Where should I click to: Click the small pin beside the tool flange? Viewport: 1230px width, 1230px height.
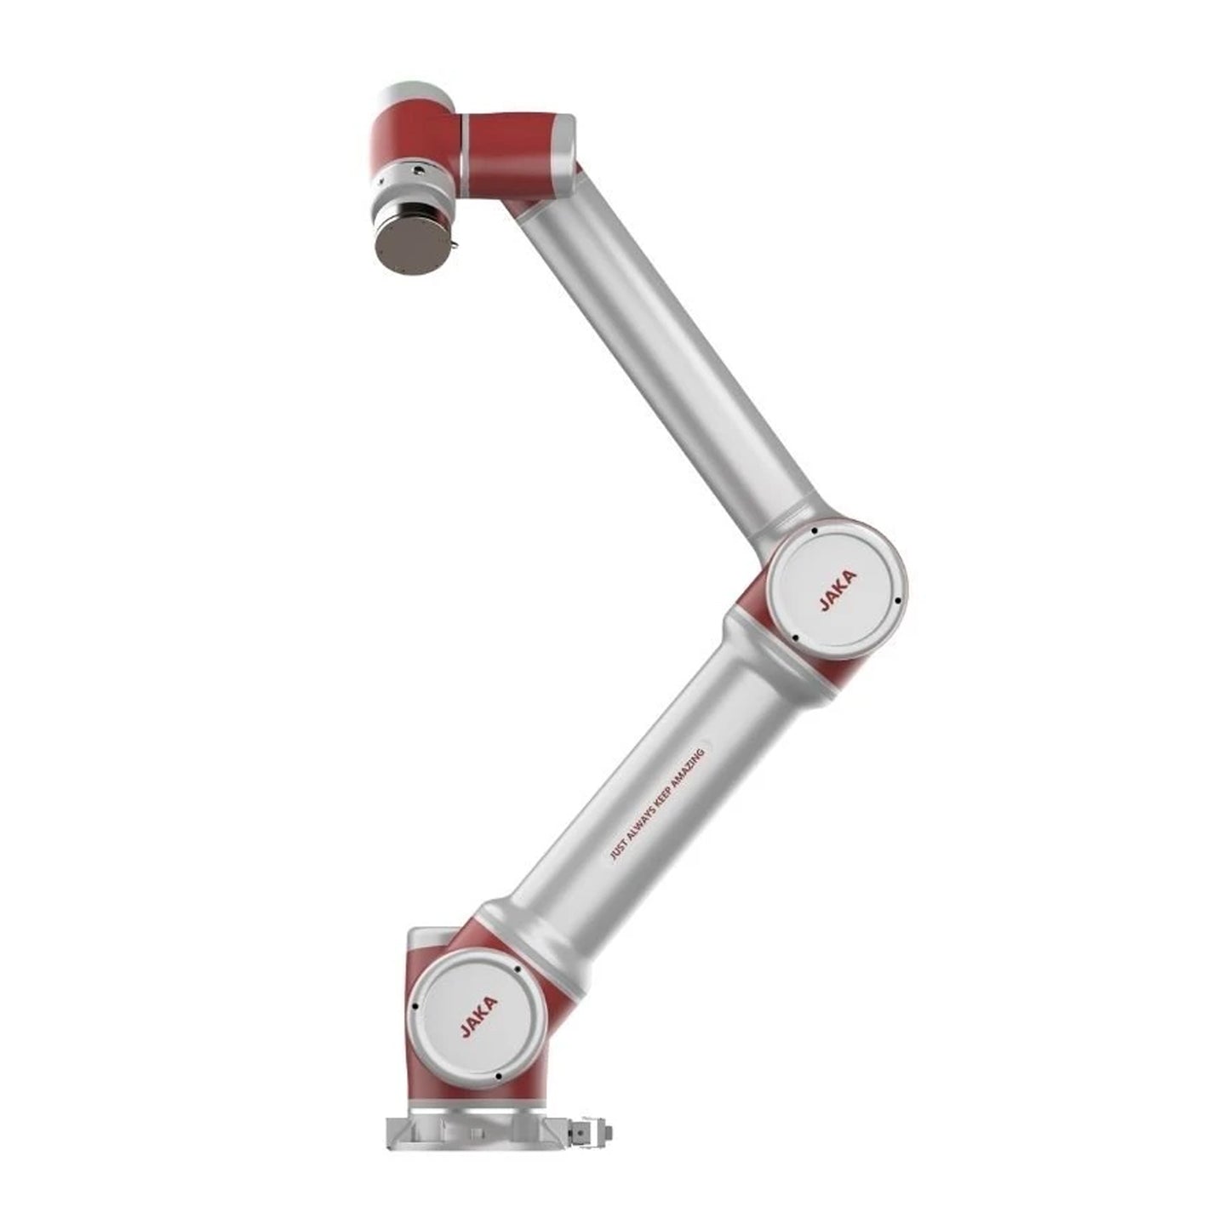pos(455,243)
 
